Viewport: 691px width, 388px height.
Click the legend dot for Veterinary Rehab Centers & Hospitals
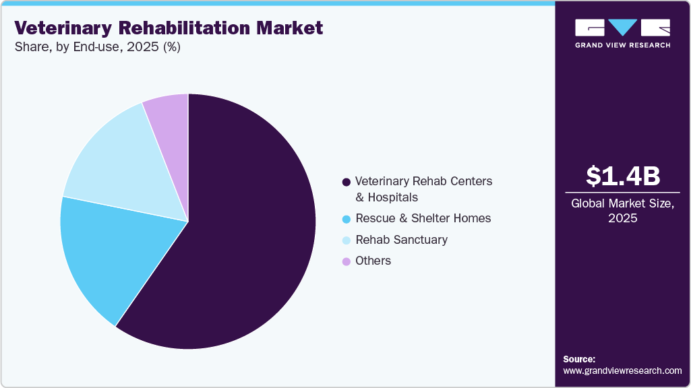point(347,182)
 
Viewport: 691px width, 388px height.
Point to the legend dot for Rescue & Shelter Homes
point(347,219)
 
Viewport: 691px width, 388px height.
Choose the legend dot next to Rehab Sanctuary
point(347,240)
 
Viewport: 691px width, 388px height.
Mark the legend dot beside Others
point(347,261)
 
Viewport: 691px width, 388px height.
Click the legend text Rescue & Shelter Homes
point(423,218)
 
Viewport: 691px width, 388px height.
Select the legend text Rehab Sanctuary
point(401,240)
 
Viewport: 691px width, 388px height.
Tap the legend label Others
point(373,261)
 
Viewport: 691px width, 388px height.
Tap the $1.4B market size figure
point(622,176)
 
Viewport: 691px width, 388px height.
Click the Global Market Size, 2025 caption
point(622,211)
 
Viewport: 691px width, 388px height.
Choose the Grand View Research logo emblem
point(622,28)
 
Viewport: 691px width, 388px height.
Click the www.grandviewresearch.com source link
point(622,370)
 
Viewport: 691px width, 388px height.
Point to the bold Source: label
point(579,359)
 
